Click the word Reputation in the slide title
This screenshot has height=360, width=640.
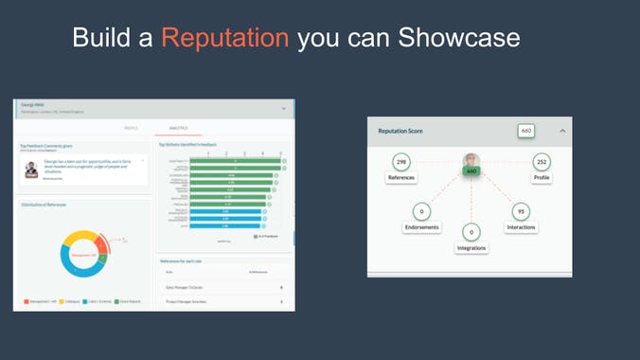(224, 37)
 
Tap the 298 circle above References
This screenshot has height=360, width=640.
(401, 162)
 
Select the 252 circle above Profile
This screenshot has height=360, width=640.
(542, 162)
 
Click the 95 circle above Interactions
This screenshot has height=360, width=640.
(521, 212)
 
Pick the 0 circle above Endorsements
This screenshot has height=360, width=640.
(421, 212)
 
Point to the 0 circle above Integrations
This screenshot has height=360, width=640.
(471, 232)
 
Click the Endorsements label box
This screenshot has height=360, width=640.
(421, 227)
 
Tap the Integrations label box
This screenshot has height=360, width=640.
(471, 248)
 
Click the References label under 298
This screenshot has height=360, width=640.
(401, 178)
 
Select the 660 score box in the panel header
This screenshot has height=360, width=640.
(526, 131)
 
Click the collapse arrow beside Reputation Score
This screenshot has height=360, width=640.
(561, 131)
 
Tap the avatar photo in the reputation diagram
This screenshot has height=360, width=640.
(471, 160)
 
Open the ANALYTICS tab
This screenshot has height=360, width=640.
(179, 128)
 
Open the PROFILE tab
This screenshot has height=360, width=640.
(131, 128)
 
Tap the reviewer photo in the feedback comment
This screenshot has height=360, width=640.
(31, 170)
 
